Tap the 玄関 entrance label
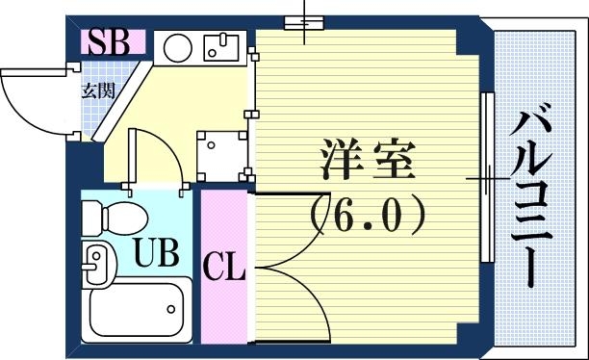tap(93, 92)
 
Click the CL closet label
tap(224, 266)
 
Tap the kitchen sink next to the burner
tap(219, 46)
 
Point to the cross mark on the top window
tap(305, 23)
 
